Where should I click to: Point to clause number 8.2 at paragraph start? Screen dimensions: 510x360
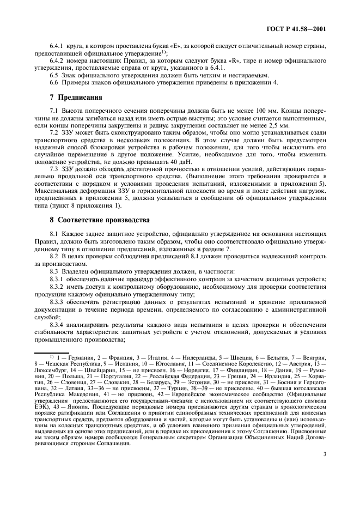[54, 255]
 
